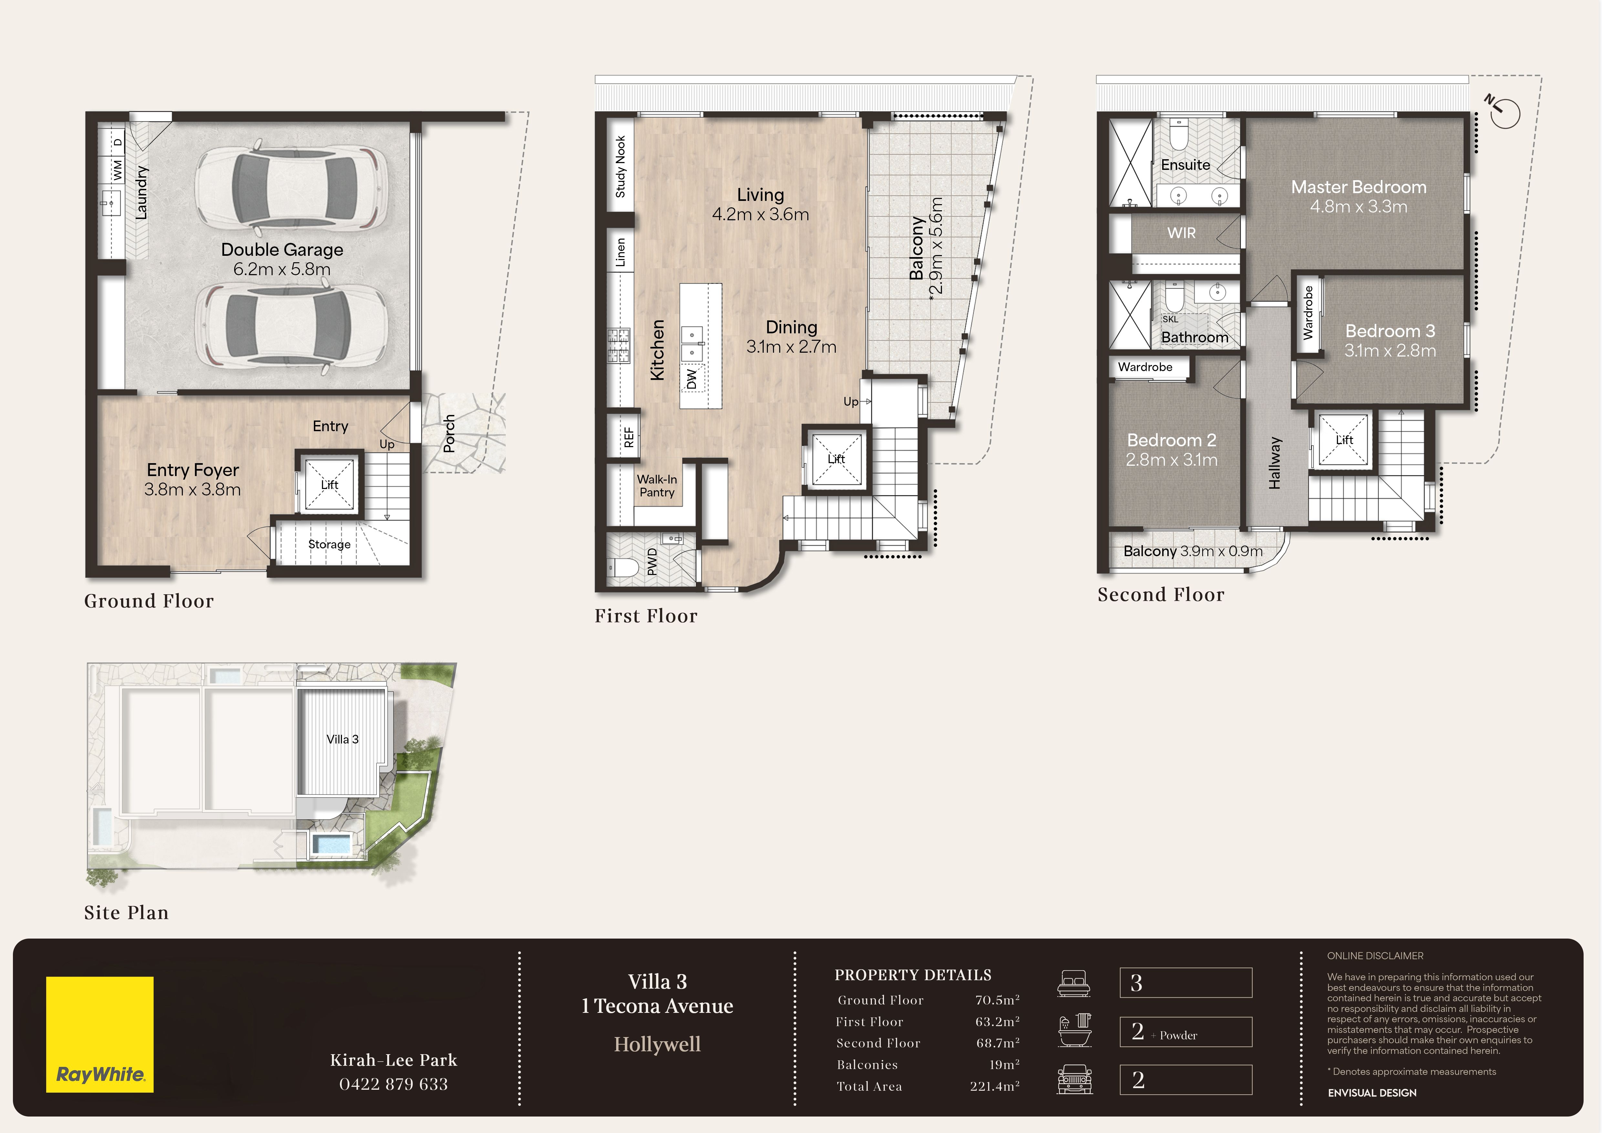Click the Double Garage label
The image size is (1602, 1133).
[282, 250]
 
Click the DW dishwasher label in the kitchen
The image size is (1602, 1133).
[691, 379]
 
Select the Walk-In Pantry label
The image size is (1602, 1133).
[656, 485]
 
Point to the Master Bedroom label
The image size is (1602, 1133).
[1359, 187]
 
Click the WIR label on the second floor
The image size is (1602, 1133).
[1181, 233]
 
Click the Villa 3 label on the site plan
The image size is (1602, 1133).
[343, 740]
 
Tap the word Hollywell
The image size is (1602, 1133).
[657, 1045]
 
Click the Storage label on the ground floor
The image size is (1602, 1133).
[329, 544]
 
